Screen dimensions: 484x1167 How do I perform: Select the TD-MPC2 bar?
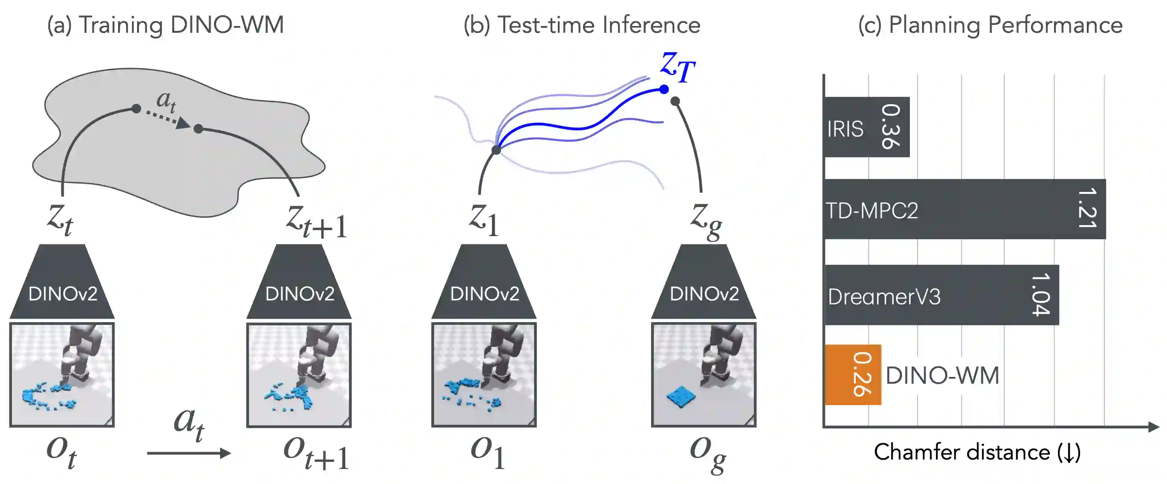(965, 209)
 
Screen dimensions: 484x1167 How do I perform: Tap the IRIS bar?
(867, 127)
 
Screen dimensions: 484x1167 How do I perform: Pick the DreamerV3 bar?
(941, 295)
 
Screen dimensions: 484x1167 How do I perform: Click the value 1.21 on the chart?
(1087, 208)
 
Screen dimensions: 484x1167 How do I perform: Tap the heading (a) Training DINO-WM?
(166, 25)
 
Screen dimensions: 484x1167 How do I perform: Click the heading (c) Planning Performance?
(990, 25)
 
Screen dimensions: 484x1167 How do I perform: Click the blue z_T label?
(677, 67)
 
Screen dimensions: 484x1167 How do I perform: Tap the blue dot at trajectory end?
(664, 89)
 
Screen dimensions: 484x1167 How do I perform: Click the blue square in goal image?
(681, 397)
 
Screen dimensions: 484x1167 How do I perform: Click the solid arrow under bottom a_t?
(189, 453)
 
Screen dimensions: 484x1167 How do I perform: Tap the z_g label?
(706, 221)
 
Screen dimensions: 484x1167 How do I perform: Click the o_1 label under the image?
(488, 452)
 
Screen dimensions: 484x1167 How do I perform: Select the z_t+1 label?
(316, 222)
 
